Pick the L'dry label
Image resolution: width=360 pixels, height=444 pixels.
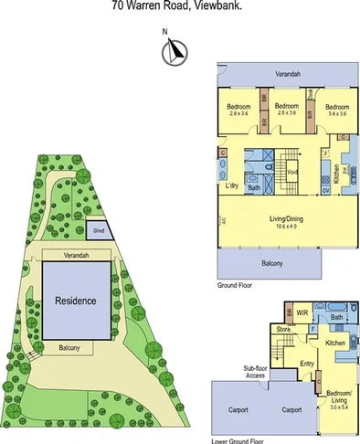click(x=234, y=186)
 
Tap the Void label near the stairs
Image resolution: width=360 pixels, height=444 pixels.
click(x=292, y=172)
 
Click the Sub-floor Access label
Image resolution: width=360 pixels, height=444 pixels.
click(x=255, y=373)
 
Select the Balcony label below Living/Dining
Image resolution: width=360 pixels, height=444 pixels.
click(x=271, y=264)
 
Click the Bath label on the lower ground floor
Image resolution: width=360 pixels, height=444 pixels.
click(x=337, y=317)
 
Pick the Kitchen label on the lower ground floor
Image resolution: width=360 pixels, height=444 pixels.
click(x=334, y=344)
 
